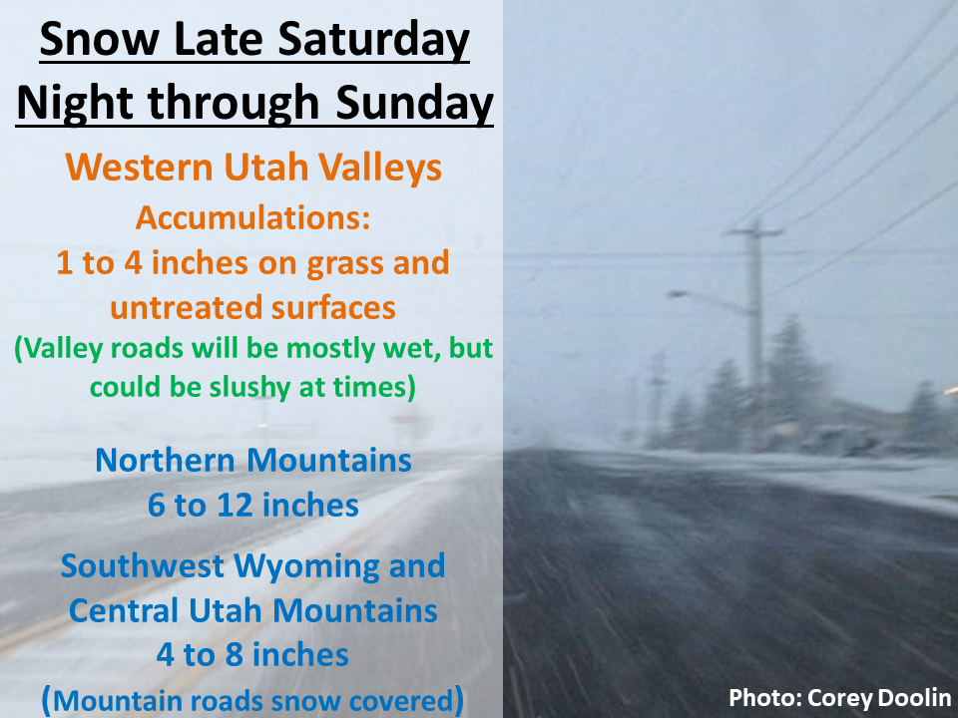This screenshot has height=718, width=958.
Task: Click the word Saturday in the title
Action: pos(374,40)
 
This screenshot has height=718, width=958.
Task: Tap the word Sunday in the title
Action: pos(414,103)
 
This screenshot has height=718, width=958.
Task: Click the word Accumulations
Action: pos(252,217)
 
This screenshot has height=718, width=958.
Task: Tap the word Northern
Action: pos(165,461)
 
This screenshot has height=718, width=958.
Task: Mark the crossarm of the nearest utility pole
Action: pos(754,232)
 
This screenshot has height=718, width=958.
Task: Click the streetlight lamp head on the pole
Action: pos(677,294)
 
